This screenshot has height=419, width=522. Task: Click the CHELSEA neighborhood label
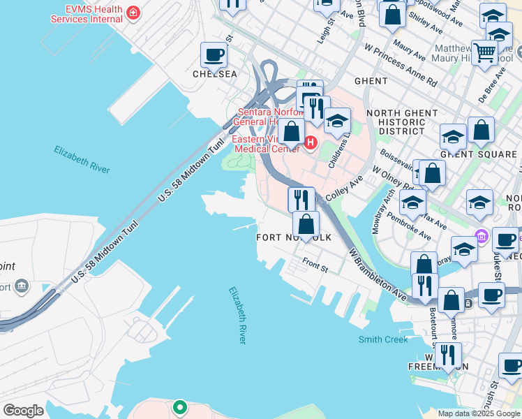point(216,74)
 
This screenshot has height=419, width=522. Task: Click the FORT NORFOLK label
point(294,237)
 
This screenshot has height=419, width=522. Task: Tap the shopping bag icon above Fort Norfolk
point(306,224)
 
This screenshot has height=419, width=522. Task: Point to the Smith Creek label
point(383,339)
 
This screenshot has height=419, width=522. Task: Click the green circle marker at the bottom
point(179,406)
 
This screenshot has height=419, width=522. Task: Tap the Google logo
point(23,411)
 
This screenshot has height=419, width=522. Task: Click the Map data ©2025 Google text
point(479,413)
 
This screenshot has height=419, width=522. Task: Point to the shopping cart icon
point(484,52)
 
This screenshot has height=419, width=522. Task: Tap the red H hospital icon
point(311,143)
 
